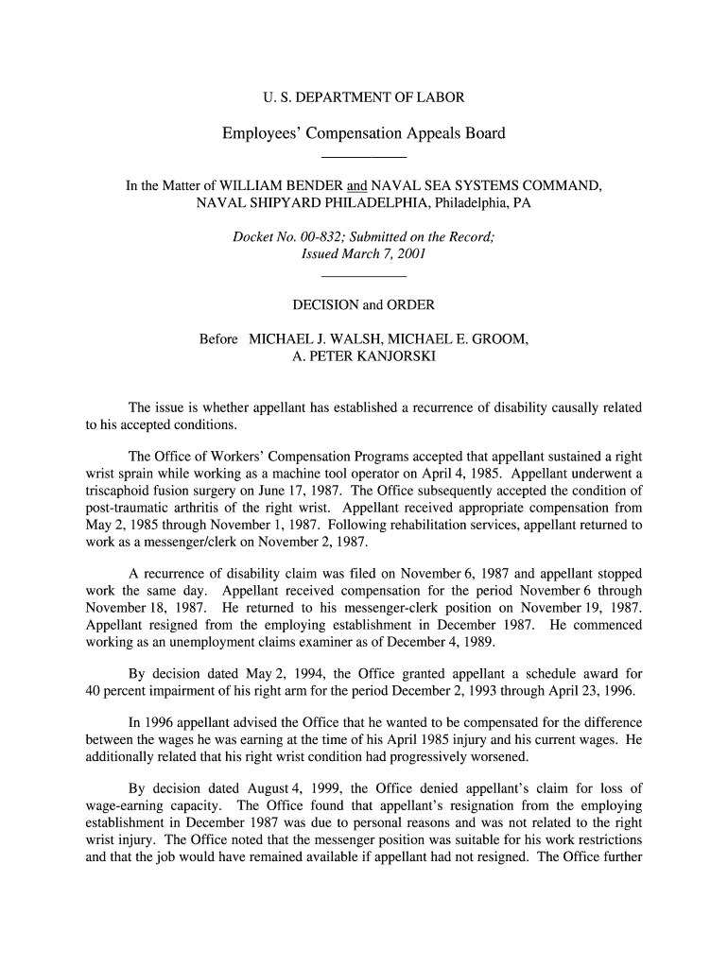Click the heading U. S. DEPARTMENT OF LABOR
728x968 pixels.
(363, 97)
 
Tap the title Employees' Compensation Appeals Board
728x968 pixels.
(364, 133)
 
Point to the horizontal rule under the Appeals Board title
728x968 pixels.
(364, 156)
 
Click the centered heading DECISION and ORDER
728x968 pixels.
(363, 304)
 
